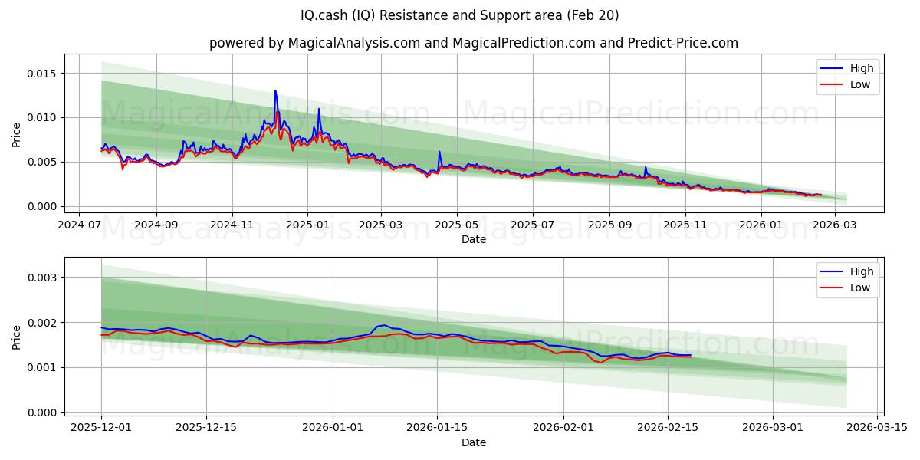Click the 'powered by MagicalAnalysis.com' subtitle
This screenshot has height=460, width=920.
[473, 43]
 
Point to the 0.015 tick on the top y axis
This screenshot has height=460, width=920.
[41, 74]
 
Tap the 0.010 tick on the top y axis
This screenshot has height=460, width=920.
[41, 117]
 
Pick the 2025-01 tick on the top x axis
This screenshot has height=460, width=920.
[307, 225]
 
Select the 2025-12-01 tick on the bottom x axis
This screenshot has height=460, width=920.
[101, 428]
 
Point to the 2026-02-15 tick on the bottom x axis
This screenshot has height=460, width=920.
[667, 428]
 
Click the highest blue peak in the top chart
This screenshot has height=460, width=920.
[275, 91]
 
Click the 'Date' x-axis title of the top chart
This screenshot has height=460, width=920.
[473, 239]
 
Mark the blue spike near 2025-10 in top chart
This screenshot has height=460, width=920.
[646, 167]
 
